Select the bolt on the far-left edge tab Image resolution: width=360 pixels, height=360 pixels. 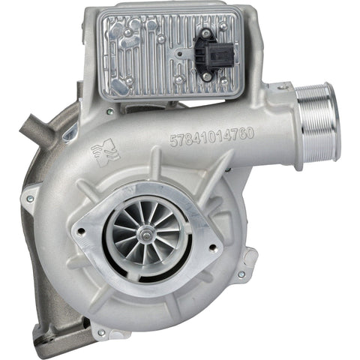coord(30,199)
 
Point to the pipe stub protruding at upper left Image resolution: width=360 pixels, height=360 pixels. coord(34,124)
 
